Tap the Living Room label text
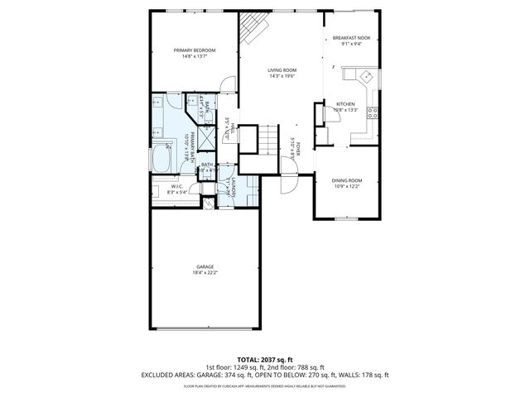coord(282,70)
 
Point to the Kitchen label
coord(344,104)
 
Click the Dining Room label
coord(347,180)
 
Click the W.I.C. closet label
coord(176,187)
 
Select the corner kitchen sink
coord(364,76)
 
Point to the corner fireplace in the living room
coord(251,31)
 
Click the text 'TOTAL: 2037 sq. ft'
coord(264,358)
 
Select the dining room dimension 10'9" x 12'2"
coord(347,186)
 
